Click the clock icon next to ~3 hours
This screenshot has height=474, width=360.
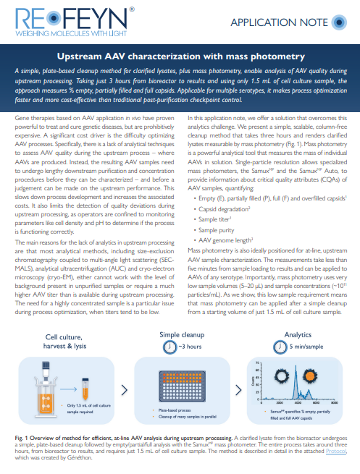[167, 347]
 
